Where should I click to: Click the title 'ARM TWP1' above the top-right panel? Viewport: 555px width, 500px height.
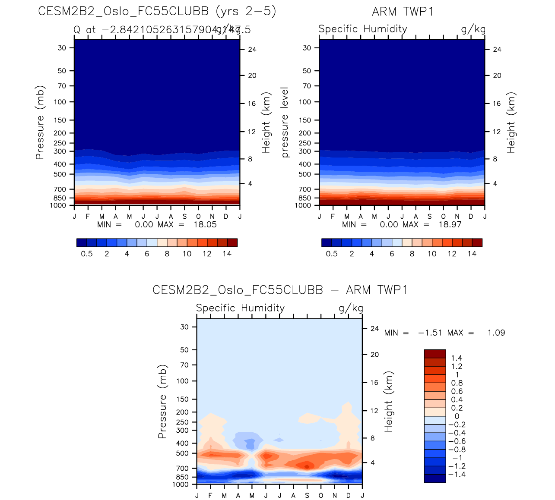coord(402,12)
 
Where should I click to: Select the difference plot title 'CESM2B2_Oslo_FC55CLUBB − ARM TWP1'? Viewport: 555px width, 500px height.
coord(280,290)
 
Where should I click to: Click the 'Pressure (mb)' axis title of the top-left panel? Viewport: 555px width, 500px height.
coord(40,123)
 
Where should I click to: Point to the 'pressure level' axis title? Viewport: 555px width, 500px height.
coord(285,123)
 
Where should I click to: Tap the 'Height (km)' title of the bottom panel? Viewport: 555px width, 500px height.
coord(389,402)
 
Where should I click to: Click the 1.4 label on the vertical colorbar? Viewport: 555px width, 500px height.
coord(457,358)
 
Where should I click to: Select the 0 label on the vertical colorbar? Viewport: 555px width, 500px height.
coord(457,417)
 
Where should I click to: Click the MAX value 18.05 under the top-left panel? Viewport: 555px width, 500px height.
coord(205,225)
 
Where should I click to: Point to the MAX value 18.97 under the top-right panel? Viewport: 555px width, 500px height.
coord(450,225)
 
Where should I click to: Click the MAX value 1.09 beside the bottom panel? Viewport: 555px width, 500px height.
coord(496,333)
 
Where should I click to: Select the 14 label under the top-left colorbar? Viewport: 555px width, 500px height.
coord(227,254)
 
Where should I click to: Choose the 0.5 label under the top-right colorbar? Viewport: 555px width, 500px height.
coord(332,254)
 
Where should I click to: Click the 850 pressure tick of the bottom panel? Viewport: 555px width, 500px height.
coord(182,478)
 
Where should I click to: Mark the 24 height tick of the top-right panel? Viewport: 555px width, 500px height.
coord(497,50)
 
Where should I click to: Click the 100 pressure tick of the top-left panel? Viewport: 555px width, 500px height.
coord(60,102)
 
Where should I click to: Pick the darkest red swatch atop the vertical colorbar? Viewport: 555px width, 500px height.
coord(435,354)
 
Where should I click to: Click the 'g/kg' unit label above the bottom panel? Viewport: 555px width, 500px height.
coord(351,308)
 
